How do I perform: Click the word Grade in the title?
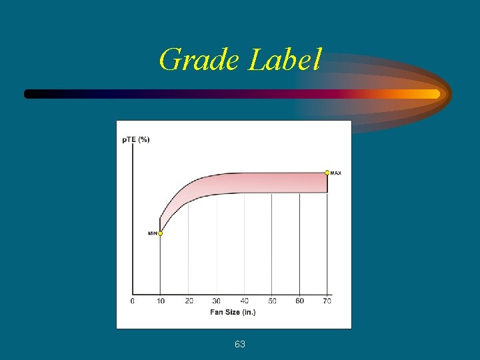tap(199, 60)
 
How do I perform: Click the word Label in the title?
tap(285, 60)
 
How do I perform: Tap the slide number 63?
tap(240, 344)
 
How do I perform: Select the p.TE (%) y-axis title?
tap(136, 139)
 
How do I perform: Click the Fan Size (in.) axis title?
tap(233, 312)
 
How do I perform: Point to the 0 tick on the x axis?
tap(132, 301)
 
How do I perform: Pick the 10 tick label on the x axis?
tap(160, 301)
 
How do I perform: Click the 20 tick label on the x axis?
tap(189, 301)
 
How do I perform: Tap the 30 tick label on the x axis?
tap(217, 301)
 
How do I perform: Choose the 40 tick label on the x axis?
tap(245, 301)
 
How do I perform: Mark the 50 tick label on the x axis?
tap(272, 301)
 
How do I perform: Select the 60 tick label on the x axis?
tap(300, 301)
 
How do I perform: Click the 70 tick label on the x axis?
tap(327, 301)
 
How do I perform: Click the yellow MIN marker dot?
tap(160, 233)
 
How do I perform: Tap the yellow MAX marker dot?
tap(327, 173)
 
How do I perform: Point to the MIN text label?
tap(152, 233)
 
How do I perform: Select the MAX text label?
tap(336, 173)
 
